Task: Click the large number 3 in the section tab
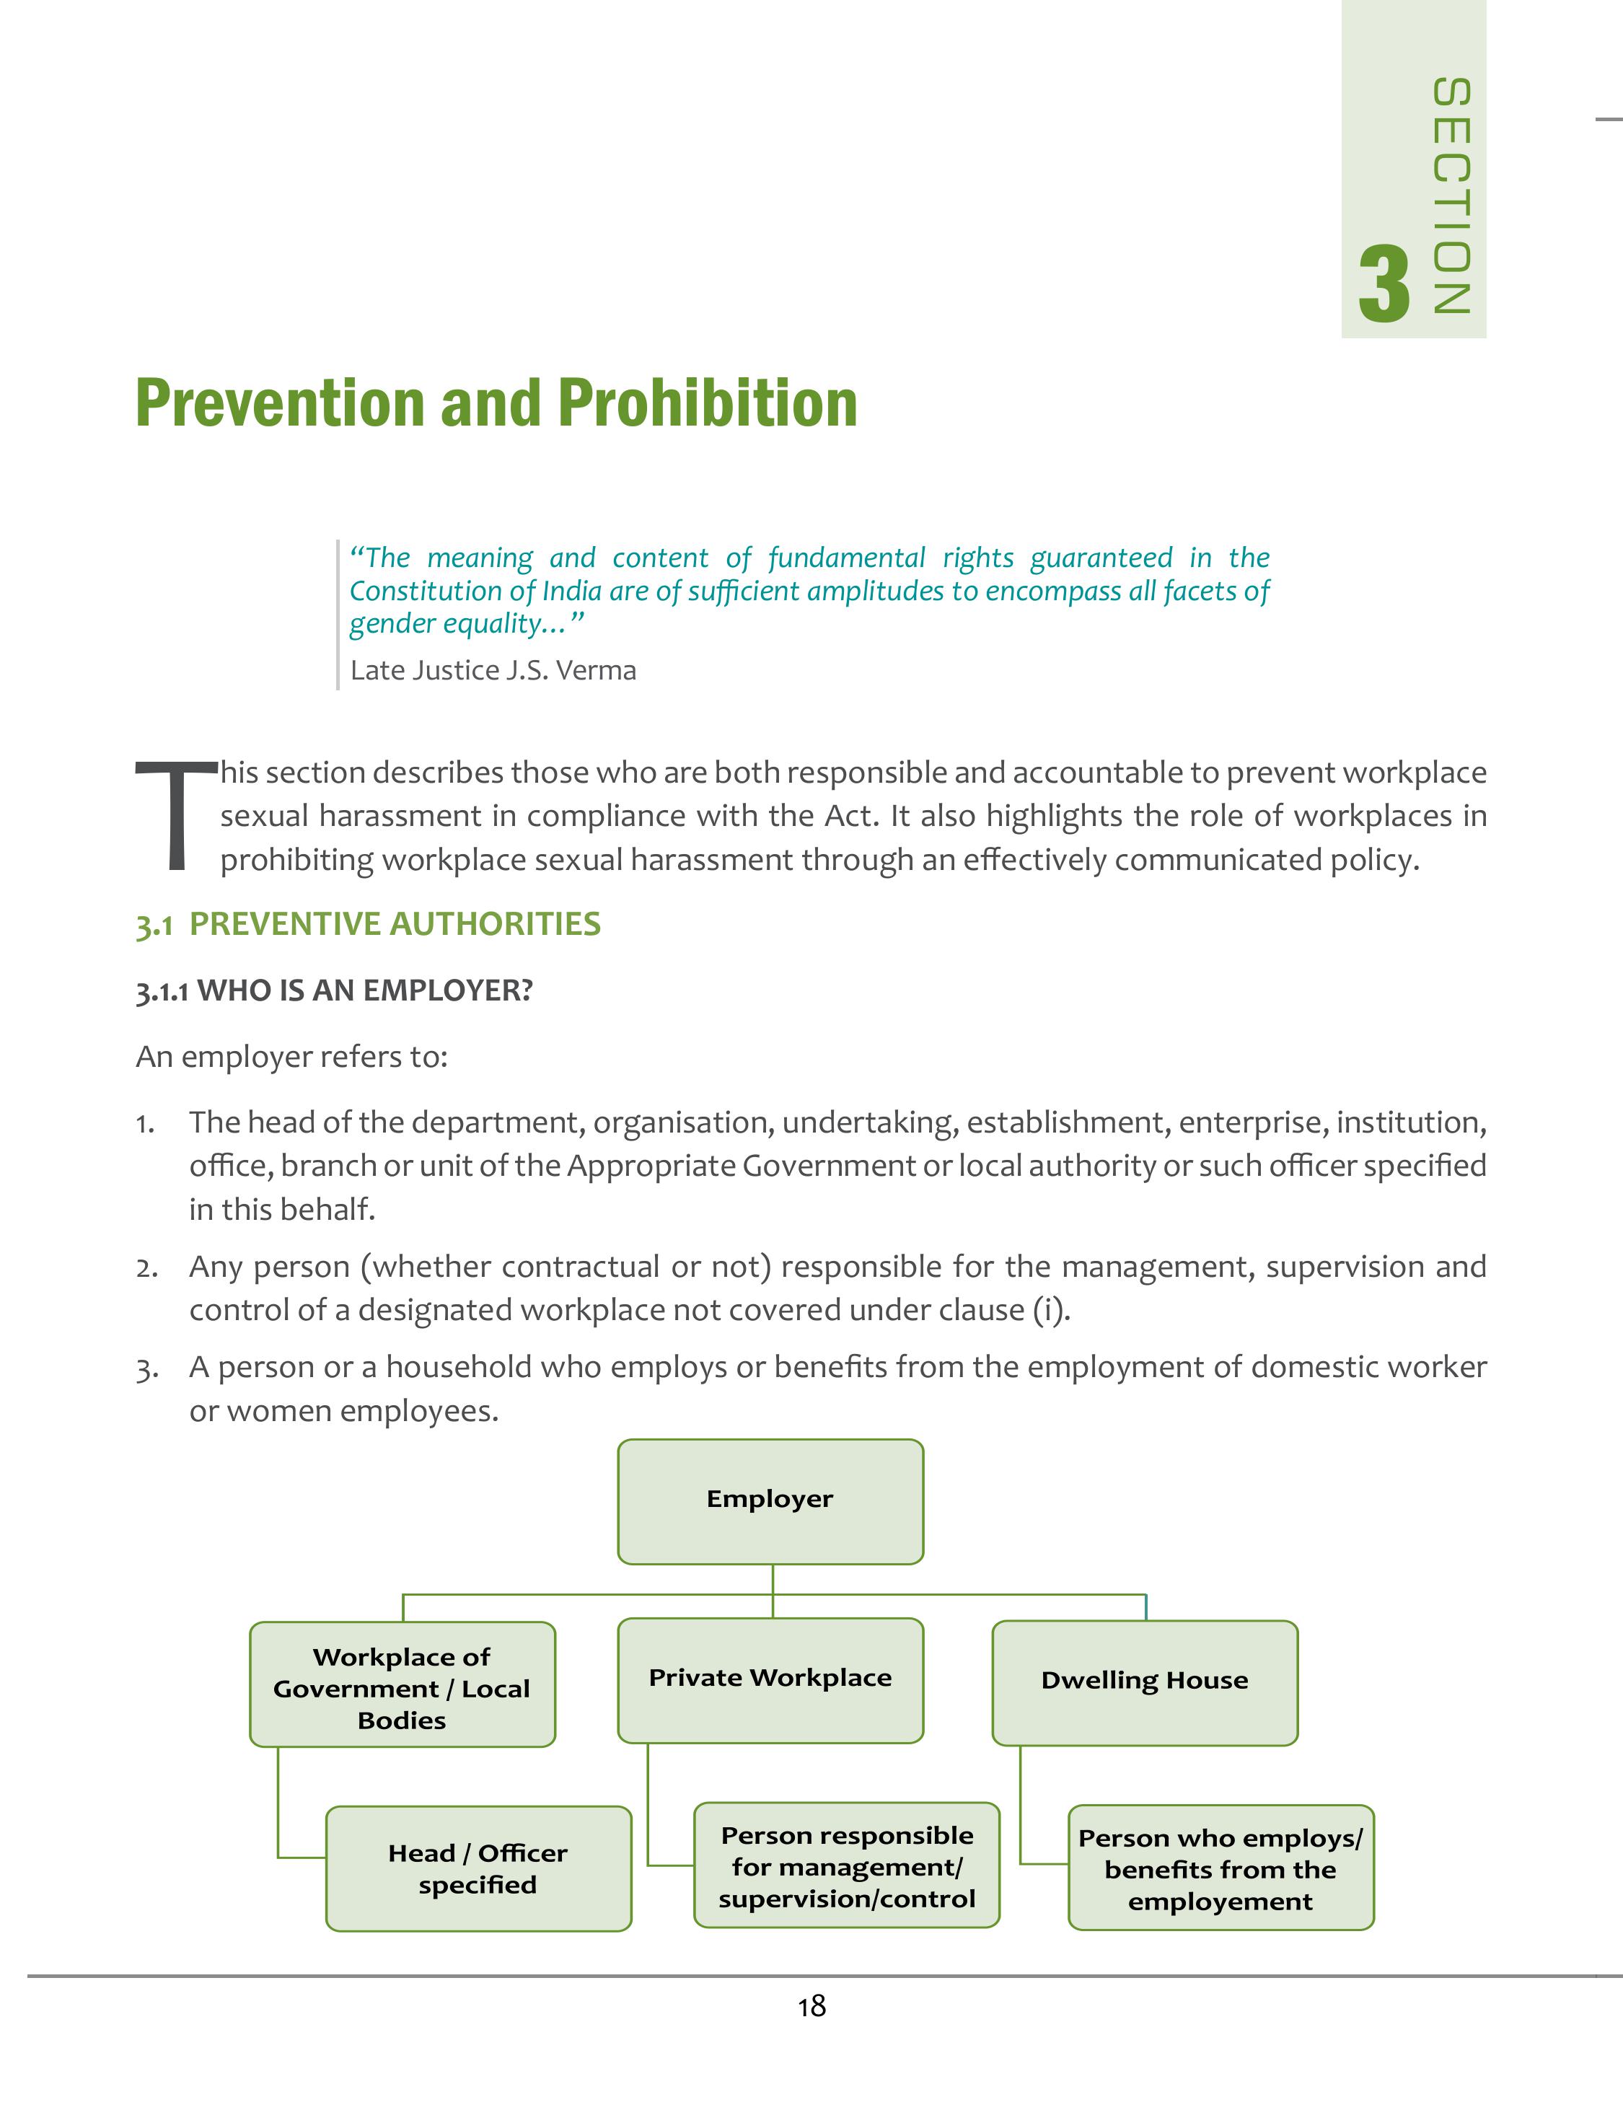(1384, 285)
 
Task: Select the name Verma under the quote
(596, 670)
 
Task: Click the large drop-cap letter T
(175, 817)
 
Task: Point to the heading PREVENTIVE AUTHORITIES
(394, 925)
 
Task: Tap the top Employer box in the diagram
(770, 1500)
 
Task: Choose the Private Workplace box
(770, 1680)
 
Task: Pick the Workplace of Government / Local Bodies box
(402, 1689)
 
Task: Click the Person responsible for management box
(846, 1867)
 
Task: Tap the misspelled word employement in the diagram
(1220, 1902)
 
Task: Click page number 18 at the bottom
(811, 2008)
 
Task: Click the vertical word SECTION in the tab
(1451, 196)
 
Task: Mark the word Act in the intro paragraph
(848, 817)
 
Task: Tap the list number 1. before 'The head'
(145, 1124)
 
